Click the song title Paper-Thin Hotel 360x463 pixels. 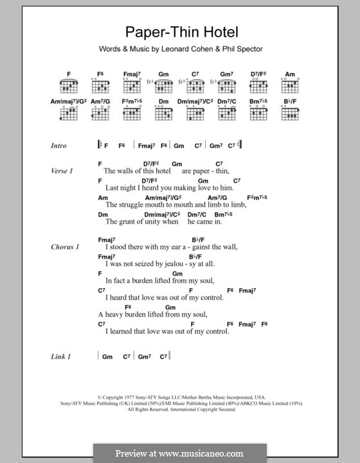click(x=179, y=33)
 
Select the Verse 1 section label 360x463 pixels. click(x=62, y=172)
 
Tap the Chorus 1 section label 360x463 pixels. click(x=64, y=247)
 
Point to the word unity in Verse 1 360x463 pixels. click(x=149, y=222)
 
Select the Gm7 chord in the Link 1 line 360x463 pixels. click(x=143, y=356)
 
